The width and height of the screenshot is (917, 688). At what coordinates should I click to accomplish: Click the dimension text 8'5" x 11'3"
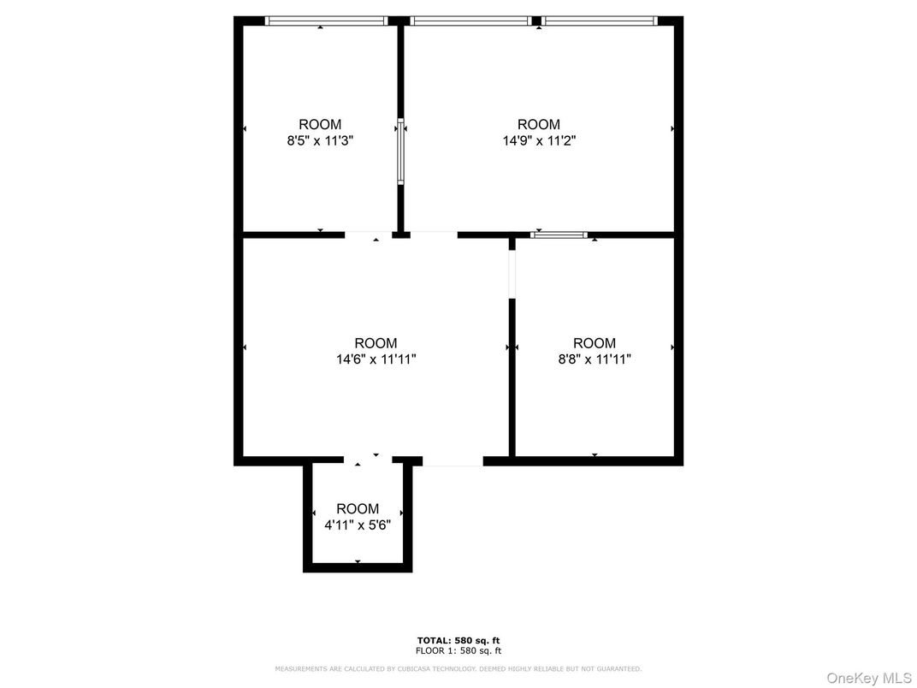click(x=320, y=141)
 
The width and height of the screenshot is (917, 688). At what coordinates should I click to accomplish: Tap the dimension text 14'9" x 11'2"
click(x=539, y=141)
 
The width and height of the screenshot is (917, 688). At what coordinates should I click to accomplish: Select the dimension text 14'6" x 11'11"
click(x=376, y=359)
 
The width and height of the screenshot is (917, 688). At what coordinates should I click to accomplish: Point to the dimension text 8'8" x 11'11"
click(x=595, y=359)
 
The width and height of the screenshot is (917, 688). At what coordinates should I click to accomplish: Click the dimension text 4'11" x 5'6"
click(x=358, y=525)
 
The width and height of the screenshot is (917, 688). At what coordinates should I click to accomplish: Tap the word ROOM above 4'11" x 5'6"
click(x=358, y=509)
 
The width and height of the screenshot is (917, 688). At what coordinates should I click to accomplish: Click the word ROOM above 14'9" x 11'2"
click(x=539, y=125)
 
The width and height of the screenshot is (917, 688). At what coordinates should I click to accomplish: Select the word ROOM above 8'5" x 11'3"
click(x=320, y=125)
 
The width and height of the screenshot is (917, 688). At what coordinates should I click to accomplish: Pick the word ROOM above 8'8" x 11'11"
click(x=595, y=343)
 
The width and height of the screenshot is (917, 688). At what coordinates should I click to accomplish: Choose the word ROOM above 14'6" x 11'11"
click(x=376, y=343)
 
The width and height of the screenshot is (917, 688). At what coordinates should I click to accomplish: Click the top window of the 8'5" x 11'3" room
click(x=326, y=21)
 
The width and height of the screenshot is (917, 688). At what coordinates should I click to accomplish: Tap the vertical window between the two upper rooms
click(x=400, y=151)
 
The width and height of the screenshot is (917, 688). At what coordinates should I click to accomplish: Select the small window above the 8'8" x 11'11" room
click(x=559, y=234)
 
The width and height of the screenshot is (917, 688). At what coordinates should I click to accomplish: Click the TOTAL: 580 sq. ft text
click(x=458, y=641)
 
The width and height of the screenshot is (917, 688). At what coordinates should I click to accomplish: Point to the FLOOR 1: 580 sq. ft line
click(x=458, y=650)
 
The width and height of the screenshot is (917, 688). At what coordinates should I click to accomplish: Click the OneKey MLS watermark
click(x=869, y=678)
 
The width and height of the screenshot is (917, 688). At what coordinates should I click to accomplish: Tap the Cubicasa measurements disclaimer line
click(x=458, y=668)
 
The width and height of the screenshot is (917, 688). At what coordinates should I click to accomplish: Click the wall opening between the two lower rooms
click(x=512, y=275)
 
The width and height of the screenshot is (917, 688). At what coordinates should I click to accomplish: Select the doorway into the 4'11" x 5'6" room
click(x=368, y=460)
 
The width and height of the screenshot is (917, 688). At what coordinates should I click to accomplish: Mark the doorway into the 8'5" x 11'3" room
click(x=368, y=234)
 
